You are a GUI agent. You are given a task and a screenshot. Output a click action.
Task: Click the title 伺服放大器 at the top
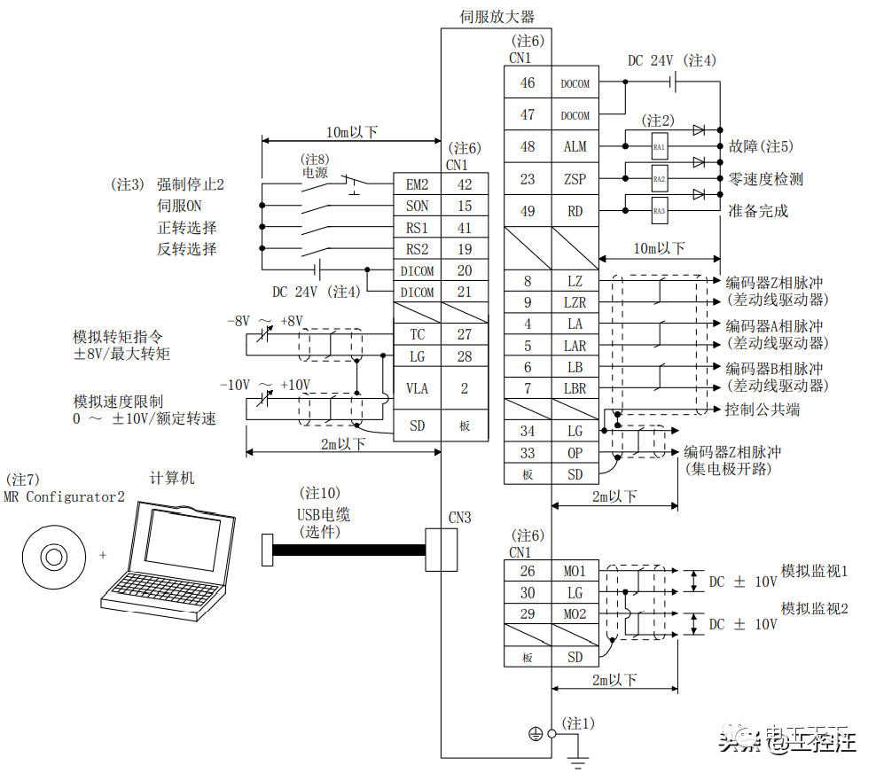click(497, 16)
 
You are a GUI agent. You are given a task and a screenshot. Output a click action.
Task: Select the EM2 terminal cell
click(417, 184)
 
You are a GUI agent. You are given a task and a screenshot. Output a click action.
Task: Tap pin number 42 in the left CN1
click(465, 184)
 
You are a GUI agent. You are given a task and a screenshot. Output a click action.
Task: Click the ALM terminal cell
click(575, 147)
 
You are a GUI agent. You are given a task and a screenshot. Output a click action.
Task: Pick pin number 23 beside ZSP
click(528, 179)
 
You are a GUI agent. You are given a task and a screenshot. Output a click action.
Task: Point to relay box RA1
click(659, 146)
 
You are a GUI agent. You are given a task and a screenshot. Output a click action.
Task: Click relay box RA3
click(659, 211)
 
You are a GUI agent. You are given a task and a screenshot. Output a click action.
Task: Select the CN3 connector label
click(459, 518)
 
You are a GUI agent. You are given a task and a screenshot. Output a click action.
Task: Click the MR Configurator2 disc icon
click(53, 557)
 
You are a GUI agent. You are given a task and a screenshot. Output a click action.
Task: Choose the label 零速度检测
click(765, 179)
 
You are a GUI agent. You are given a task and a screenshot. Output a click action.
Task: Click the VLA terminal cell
click(417, 388)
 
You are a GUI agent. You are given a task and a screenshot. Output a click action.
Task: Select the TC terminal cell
click(417, 335)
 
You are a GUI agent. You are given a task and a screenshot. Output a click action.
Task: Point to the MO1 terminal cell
click(575, 572)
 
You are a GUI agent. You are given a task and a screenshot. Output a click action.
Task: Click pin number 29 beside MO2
click(528, 614)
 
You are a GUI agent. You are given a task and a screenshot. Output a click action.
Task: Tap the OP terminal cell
click(575, 453)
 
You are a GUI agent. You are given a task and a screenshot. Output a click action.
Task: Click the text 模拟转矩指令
click(118, 337)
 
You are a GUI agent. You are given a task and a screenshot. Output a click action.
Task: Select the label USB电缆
click(323, 514)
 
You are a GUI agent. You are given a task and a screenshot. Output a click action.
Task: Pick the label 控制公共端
click(762, 410)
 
